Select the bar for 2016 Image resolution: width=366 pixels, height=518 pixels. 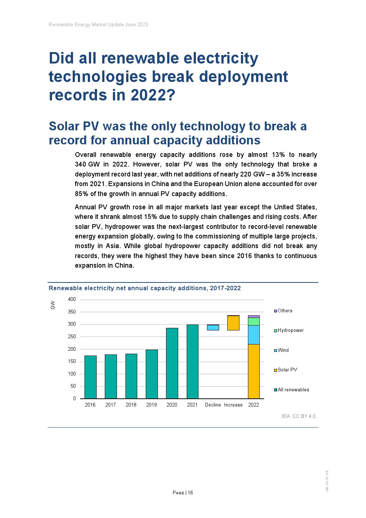[x=90, y=377]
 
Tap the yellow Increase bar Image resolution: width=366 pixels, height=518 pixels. [x=233, y=323]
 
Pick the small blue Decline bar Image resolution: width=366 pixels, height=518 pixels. [x=213, y=327]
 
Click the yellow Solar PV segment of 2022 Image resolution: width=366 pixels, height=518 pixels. [x=253, y=371]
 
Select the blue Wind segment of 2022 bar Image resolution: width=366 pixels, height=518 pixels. [x=253, y=335]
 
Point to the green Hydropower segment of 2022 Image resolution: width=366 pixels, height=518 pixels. [x=253, y=321]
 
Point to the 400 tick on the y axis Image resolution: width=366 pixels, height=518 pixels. [x=72, y=299]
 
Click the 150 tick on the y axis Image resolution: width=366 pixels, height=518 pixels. [x=72, y=361]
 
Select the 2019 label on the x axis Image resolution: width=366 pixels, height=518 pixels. [x=151, y=405]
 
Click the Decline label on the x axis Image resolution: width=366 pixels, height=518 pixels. [x=213, y=405]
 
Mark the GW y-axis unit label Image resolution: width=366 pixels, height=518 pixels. [x=53, y=305]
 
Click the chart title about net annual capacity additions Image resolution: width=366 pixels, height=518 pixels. [x=145, y=288]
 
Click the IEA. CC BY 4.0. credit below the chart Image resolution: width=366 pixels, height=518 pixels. [x=299, y=416]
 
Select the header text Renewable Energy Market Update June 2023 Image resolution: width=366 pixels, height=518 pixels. [x=98, y=25]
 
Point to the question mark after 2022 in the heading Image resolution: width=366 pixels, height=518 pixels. [x=171, y=95]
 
